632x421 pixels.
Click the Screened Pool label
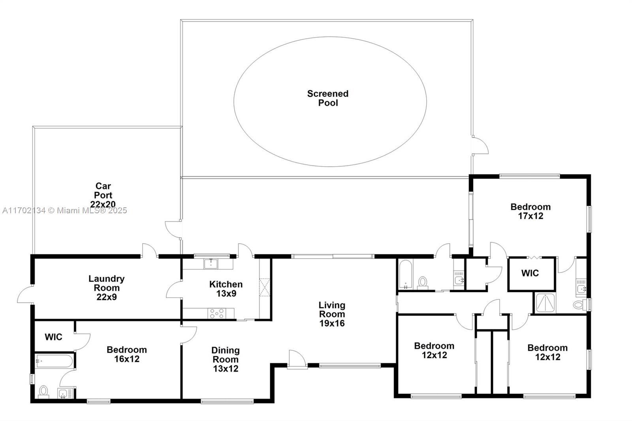coord(328,98)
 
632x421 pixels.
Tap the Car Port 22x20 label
coord(103,195)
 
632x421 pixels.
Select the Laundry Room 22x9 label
coord(106,288)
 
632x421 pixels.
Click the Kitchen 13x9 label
coord(226,289)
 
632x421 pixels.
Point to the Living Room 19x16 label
coord(332,314)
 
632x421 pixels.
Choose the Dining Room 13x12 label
coord(226,359)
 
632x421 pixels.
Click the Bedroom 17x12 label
coord(531,211)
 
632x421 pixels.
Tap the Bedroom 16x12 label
coord(127,354)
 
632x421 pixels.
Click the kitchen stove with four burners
coord(217,314)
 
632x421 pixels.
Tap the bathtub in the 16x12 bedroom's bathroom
coord(54,361)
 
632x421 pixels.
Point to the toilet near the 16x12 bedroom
coord(43,392)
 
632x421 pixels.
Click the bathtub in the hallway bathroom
coord(406,274)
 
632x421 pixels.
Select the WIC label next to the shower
coord(530,273)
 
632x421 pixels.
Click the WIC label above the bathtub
coord(54,337)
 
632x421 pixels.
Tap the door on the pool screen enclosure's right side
coord(480,145)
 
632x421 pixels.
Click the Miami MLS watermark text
coord(65,210)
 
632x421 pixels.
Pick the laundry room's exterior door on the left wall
coord(25,294)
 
